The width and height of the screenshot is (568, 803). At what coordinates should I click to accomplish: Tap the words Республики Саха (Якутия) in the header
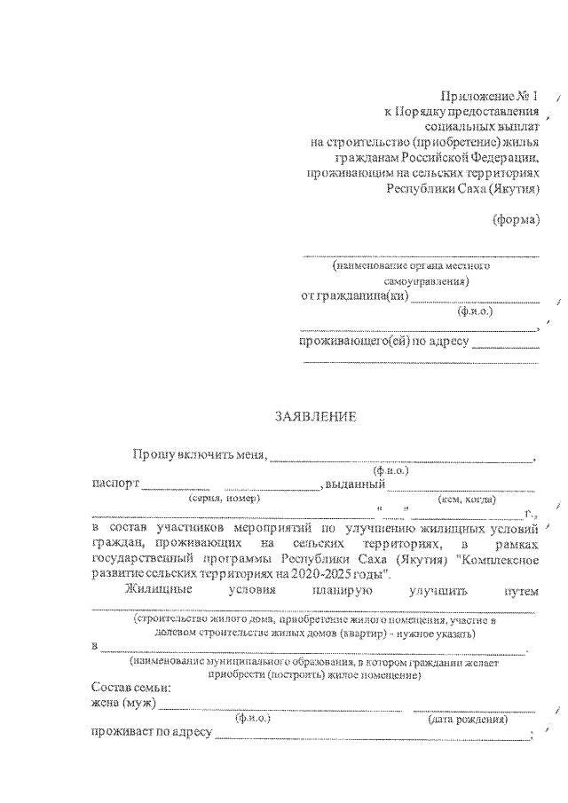[x=462, y=188]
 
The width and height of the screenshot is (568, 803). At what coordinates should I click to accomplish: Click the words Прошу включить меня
[x=200, y=455]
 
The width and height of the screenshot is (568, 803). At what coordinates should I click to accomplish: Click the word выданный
[x=354, y=484]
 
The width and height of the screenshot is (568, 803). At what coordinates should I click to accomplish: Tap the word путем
[x=519, y=589]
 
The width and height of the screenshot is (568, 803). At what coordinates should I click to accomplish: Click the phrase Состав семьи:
[x=130, y=688]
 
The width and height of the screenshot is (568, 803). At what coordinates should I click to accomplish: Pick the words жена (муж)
[x=123, y=703]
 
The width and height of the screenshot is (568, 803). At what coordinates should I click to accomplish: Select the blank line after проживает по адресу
[x=368, y=736]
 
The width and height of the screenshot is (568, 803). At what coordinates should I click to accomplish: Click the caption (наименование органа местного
[x=410, y=265]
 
